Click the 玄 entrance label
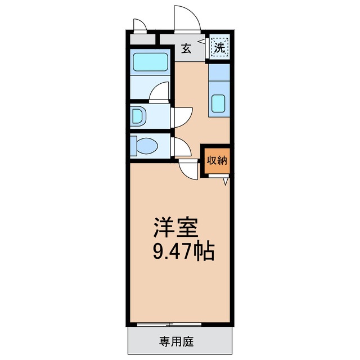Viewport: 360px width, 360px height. point(186,48)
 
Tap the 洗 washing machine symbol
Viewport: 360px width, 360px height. point(220,47)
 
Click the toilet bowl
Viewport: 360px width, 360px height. point(146,146)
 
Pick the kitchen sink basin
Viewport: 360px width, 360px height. point(219,103)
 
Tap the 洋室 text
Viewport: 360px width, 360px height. point(175,228)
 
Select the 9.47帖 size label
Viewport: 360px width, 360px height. point(184,251)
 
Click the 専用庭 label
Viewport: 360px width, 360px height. point(180,341)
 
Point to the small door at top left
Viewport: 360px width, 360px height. point(138,26)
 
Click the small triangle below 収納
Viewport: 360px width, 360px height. point(225,182)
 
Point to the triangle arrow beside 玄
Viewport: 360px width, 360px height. point(200,41)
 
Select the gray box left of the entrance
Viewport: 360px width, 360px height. point(142,40)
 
